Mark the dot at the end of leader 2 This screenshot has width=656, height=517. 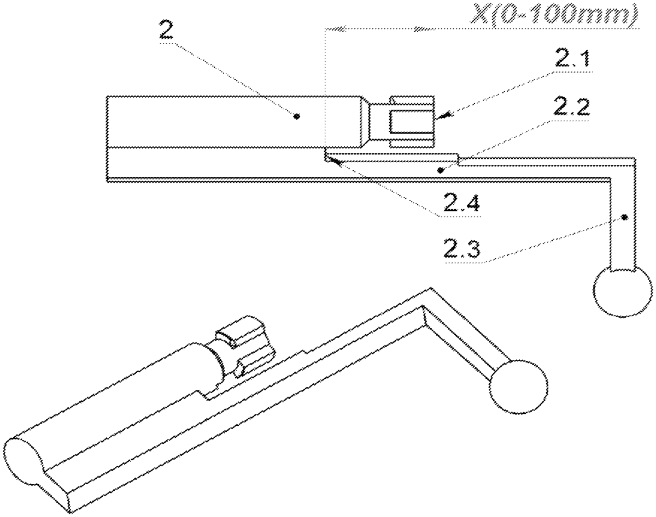[x=296, y=116]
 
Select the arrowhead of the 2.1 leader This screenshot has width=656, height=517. [x=443, y=115]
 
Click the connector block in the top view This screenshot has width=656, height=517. [x=402, y=122]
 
